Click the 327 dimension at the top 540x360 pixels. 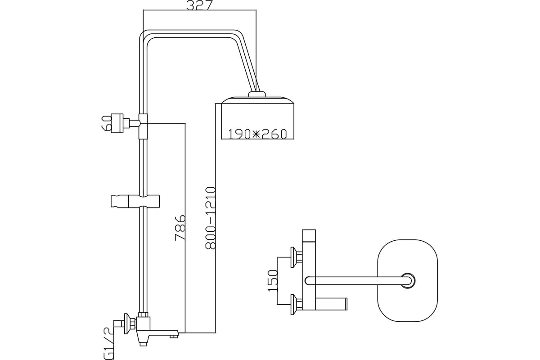199,6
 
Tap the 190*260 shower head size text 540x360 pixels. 257,134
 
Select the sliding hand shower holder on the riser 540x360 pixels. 135,201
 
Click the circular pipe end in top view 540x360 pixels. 409,280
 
